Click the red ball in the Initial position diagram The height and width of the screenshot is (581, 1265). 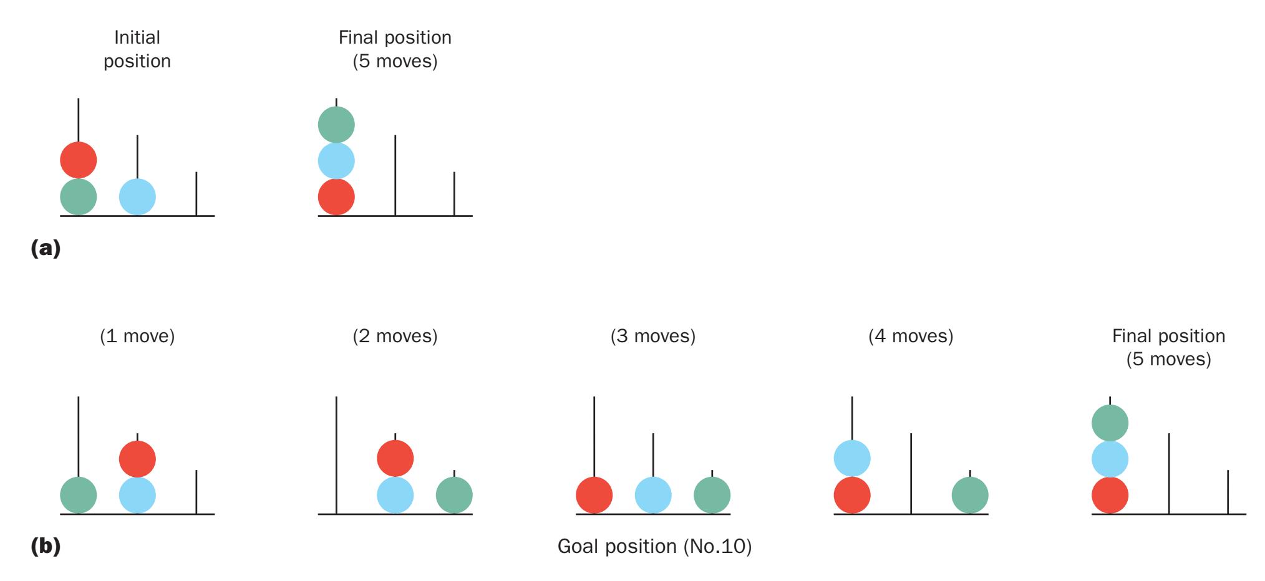(x=79, y=160)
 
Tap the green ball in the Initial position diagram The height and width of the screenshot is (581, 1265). (x=79, y=197)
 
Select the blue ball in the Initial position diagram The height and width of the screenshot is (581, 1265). (x=137, y=197)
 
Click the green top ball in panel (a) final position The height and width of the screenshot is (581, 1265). (x=336, y=125)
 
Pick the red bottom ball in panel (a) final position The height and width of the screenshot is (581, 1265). (x=336, y=197)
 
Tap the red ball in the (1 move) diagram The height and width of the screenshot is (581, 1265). (x=137, y=459)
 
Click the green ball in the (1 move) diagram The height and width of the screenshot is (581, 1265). (x=79, y=496)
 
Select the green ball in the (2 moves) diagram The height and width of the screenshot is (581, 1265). (x=454, y=496)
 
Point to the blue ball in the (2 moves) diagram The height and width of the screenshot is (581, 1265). (x=395, y=496)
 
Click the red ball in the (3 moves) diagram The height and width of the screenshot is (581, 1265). (x=594, y=496)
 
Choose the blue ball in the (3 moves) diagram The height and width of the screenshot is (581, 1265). (x=653, y=496)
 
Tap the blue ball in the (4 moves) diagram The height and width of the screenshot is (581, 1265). (x=852, y=459)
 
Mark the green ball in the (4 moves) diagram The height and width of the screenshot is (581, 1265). (x=970, y=496)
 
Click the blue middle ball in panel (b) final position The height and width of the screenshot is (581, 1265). (x=1110, y=459)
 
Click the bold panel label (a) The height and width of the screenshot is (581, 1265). (x=46, y=249)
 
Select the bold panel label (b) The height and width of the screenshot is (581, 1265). (x=46, y=547)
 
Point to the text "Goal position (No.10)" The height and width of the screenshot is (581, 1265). (x=654, y=547)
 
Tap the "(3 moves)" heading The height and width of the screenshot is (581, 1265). (x=653, y=337)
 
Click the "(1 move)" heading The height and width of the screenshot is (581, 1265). (x=137, y=337)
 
